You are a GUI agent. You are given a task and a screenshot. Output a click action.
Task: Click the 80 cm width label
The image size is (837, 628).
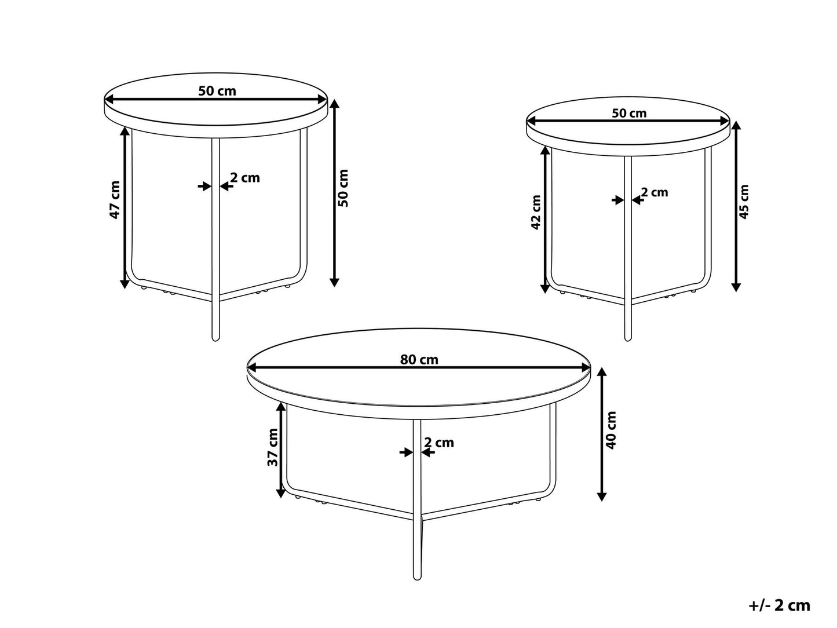tap(419, 359)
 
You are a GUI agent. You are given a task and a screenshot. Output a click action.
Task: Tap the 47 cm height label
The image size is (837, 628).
tap(115, 200)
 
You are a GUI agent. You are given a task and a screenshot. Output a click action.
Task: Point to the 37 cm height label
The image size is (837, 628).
tap(273, 447)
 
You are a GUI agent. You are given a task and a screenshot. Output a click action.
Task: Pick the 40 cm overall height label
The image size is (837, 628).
tap(611, 429)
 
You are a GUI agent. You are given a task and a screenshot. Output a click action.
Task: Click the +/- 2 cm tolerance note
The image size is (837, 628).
tap(778, 606)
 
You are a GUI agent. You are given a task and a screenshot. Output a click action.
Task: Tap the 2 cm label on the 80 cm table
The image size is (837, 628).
tap(438, 443)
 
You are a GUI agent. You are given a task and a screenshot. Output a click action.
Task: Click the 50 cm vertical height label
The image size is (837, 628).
tap(343, 188)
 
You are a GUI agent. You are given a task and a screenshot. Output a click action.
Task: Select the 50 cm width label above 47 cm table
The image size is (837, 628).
tap(217, 91)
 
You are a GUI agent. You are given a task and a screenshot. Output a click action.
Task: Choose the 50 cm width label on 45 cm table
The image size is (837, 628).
tap(629, 114)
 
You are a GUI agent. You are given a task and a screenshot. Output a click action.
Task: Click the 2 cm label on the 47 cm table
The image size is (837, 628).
tap(245, 178)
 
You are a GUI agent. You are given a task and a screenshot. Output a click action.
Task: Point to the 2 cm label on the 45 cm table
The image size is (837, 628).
tap(655, 192)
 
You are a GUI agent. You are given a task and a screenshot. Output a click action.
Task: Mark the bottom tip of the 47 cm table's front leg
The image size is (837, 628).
tap(215, 338)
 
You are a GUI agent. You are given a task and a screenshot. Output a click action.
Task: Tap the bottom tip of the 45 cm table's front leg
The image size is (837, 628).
tap(627, 338)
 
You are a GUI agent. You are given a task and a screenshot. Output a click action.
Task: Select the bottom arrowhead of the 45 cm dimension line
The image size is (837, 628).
tap(736, 287)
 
